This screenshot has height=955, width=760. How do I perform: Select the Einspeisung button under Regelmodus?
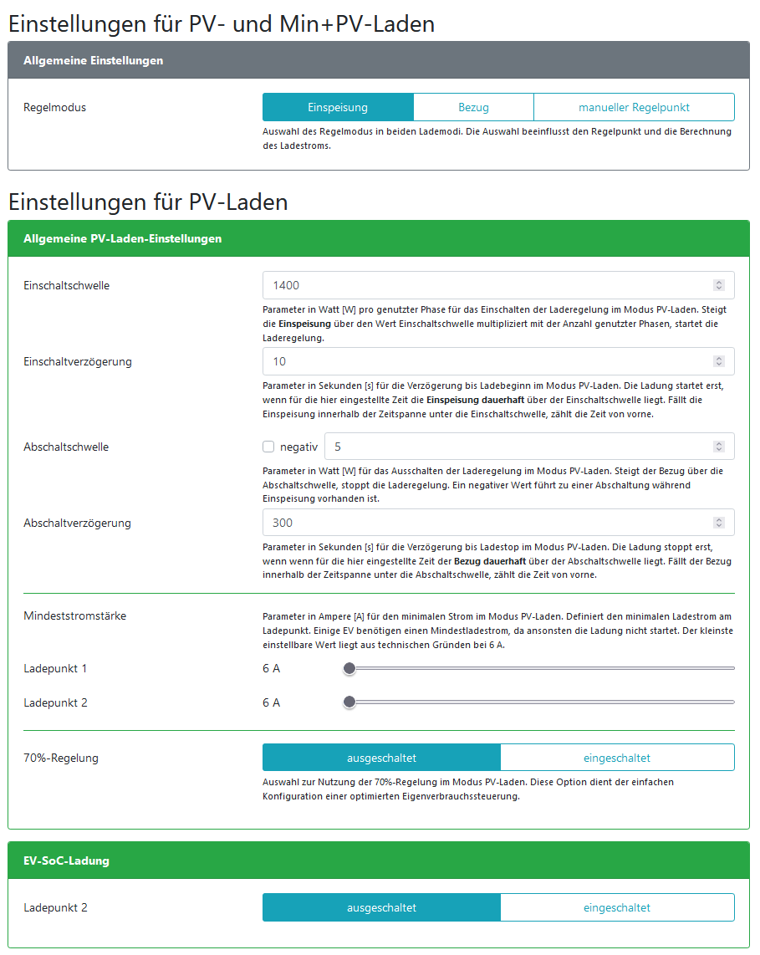tap(338, 108)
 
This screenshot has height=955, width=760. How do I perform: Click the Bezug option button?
tap(473, 108)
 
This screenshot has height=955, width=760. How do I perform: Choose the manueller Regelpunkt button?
tap(634, 108)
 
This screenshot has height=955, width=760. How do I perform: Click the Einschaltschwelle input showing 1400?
tap(485, 285)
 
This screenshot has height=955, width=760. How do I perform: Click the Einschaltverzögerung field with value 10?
tap(485, 361)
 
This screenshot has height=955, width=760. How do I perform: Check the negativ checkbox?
tap(268, 447)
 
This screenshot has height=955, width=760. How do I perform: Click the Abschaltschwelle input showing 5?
tap(518, 447)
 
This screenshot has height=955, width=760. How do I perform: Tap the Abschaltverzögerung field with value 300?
tap(485, 523)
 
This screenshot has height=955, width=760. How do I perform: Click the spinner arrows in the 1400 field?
tap(718, 285)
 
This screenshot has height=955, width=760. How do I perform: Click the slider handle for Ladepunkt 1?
tap(349, 668)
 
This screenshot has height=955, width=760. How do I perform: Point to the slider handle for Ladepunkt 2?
tap(349, 702)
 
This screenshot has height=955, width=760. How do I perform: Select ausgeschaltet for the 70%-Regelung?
tap(381, 758)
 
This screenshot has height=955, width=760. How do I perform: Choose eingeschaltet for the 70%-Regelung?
tap(617, 758)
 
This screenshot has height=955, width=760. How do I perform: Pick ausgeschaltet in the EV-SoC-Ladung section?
tap(381, 907)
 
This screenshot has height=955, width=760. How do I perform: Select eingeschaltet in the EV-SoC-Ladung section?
tap(617, 907)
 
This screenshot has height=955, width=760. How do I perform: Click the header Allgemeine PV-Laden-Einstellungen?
tap(122, 238)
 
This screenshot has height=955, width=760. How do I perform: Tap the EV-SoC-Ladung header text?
tap(66, 861)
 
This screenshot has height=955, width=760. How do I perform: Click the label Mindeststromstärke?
tap(74, 616)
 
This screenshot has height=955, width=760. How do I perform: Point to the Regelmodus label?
tap(54, 108)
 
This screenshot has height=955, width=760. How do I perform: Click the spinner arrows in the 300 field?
tap(718, 523)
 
